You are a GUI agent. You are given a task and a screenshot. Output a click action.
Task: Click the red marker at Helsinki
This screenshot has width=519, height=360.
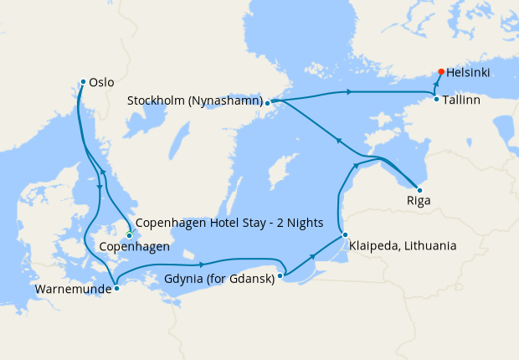[x=440, y=72]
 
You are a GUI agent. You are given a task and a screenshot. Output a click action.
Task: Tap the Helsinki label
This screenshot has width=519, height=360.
[x=469, y=73]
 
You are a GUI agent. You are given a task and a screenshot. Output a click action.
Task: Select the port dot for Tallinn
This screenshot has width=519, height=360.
[x=436, y=100]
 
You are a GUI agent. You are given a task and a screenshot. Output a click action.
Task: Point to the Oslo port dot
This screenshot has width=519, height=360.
[x=83, y=81]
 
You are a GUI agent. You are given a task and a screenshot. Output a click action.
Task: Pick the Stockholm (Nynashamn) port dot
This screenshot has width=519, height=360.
[x=267, y=103]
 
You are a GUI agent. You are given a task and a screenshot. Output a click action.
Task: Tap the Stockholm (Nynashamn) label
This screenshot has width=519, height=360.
[x=194, y=101]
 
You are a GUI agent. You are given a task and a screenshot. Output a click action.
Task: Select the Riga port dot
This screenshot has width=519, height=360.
[x=419, y=189]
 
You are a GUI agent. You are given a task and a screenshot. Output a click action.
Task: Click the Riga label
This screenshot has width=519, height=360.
[x=419, y=202]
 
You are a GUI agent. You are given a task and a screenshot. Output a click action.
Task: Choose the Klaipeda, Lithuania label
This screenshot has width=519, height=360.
[x=403, y=246]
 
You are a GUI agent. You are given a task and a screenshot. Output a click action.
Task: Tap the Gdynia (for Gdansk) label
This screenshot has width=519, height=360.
[x=220, y=279]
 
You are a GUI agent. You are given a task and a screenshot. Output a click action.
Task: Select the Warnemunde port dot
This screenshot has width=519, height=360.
[x=116, y=288]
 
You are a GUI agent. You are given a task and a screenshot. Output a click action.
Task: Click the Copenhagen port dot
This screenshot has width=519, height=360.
[x=129, y=235]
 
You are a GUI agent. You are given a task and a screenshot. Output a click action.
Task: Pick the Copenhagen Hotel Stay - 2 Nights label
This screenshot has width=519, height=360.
[x=229, y=223]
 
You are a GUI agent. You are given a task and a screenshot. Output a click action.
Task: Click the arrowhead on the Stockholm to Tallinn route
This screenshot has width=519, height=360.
[x=348, y=91]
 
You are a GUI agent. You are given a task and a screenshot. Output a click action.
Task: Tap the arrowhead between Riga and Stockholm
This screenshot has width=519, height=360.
[x=338, y=141]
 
